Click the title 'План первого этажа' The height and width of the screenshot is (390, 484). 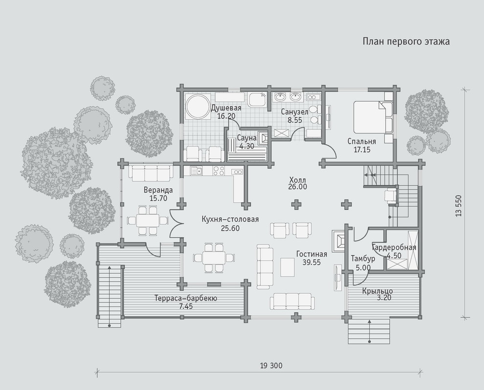pos(406,42)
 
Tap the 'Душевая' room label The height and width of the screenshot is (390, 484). pos(226,108)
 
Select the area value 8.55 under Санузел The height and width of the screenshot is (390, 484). pos(295,120)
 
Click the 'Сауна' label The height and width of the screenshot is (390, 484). pos(247,137)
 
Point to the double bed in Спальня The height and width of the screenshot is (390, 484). pos(373,117)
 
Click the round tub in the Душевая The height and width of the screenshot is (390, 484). pos(198,107)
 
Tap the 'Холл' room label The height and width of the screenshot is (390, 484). pos(298,179)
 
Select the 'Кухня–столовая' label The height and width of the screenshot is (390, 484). pos(230,219)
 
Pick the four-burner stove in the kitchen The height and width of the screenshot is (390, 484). pos(219,171)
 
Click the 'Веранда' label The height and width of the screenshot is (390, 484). pos(158,190)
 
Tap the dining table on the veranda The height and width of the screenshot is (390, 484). pos(148,220)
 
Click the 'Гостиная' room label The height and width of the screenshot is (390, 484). pos(311,254)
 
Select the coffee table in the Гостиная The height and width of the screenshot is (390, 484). pos(287,267)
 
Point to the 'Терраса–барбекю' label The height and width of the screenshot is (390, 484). pos(186,298)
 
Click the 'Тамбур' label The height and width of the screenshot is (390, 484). pos(363,259)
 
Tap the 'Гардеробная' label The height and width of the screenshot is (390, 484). pos(394,247)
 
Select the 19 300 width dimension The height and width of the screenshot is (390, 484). pos(271,366)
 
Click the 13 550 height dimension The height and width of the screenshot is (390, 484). pos(459,205)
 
